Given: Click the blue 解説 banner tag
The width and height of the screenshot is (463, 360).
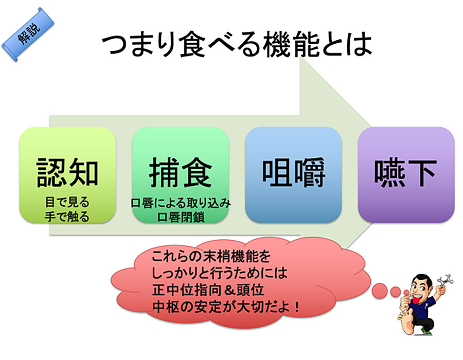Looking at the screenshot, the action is pos(28,34).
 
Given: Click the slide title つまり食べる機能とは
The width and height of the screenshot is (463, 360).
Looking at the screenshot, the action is pos(236,44).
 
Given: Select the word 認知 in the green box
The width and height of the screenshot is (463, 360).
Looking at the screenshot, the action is pos(67,172).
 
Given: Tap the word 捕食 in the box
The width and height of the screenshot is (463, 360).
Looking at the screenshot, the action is pos(181,172).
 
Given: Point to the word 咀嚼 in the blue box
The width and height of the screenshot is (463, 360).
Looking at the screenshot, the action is pos(294,172).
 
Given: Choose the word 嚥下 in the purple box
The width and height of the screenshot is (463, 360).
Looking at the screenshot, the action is pos(406,172).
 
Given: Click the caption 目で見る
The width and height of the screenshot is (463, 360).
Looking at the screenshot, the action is pos(67,203).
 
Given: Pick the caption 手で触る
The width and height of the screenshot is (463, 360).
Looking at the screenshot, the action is pos(67,217).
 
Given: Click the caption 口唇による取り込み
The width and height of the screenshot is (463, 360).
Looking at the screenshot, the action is pos(181,203).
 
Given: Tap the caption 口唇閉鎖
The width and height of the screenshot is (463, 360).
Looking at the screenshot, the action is pos(181,217).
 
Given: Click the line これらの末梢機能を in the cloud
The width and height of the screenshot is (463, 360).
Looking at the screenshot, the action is pos(211,256).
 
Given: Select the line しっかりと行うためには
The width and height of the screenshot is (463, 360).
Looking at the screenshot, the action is pos(219,273).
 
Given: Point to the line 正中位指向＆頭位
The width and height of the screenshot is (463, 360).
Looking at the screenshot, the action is pos(208,290).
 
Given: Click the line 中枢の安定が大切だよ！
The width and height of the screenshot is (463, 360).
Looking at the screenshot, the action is pos(226,307).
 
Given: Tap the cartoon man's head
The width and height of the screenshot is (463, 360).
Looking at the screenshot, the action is pos(422,285).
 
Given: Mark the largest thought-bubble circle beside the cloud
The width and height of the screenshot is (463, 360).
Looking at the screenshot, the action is pos(380,291).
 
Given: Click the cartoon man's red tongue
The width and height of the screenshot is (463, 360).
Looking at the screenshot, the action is pos(417,300).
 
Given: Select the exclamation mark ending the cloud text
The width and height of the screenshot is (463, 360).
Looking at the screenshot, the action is pos(296,307).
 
